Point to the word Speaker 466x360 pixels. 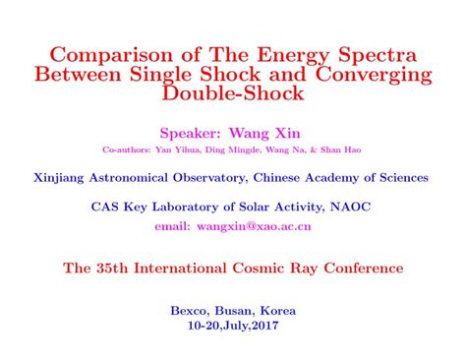pos(190,132)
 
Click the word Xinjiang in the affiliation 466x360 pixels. pos(64,178)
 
